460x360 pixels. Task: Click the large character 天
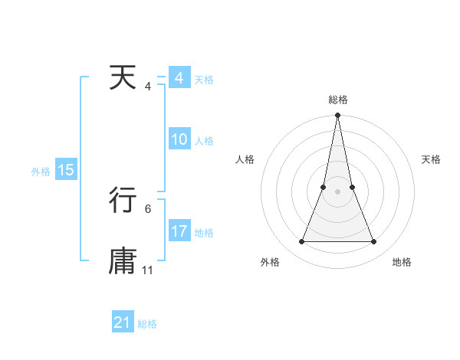[x=123, y=79]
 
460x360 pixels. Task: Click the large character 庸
[x=123, y=260]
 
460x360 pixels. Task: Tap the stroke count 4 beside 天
[x=148, y=87]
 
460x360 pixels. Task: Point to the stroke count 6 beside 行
[x=148, y=208]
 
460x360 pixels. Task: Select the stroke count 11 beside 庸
[x=148, y=270]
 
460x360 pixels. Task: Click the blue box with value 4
[x=179, y=79]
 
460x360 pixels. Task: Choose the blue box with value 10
[x=179, y=139]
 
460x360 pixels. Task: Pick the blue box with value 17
[x=179, y=231]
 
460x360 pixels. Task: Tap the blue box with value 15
[x=66, y=170]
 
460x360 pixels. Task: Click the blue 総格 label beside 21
[x=147, y=324]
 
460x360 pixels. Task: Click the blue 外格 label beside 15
[x=41, y=172]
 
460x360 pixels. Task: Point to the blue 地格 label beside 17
[x=204, y=232]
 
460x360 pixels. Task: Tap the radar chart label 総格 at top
[x=337, y=100]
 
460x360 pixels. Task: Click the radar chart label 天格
[x=432, y=159]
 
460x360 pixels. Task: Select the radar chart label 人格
[x=245, y=159]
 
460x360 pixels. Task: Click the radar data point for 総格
[x=337, y=116]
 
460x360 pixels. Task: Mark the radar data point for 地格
[x=374, y=242]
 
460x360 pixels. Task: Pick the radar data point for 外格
[x=301, y=242]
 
